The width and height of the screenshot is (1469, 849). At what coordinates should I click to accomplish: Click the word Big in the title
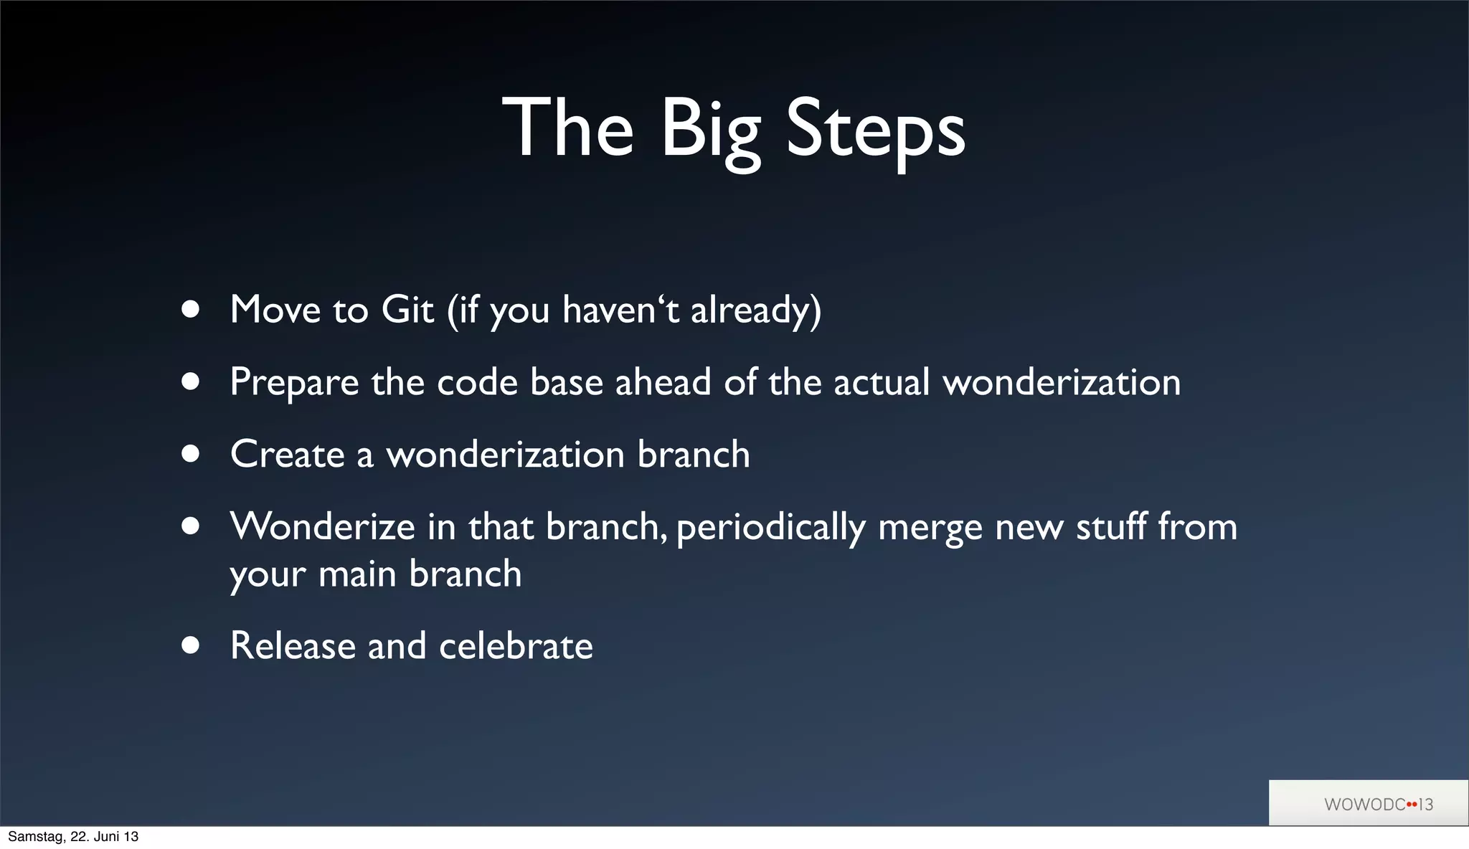tap(710, 131)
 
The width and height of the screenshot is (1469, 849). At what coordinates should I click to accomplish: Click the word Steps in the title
tap(876, 131)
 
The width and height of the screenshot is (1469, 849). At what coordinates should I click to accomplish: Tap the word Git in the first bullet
tap(407, 310)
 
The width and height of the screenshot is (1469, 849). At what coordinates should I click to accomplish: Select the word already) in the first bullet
tap(756, 310)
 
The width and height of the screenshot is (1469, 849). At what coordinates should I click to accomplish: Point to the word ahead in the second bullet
tap(663, 382)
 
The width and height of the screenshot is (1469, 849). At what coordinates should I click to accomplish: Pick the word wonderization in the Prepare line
tap(1062, 382)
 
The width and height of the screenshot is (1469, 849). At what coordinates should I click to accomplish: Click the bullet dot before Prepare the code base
tap(190, 381)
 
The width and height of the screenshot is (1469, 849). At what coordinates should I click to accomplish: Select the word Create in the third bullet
tap(287, 455)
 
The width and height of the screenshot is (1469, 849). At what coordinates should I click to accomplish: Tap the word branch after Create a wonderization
tap(693, 455)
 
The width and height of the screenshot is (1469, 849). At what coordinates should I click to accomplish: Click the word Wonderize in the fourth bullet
tap(322, 527)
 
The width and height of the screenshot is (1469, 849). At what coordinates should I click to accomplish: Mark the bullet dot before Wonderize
tap(190, 527)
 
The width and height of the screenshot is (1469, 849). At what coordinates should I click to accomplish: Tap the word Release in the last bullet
tap(293, 646)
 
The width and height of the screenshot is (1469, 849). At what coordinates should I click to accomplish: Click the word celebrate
tap(516, 646)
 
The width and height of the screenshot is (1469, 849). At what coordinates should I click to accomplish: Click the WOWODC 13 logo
tap(1378, 804)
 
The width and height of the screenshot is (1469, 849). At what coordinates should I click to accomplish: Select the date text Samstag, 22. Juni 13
tap(73, 837)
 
